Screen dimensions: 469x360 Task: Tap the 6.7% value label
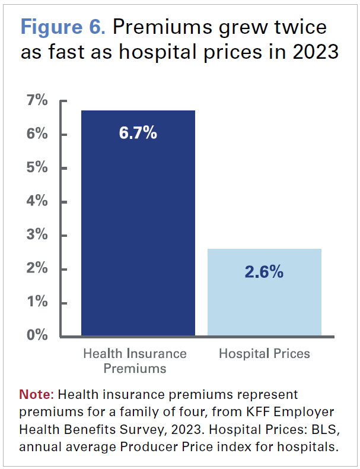138,133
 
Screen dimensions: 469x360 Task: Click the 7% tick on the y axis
37,100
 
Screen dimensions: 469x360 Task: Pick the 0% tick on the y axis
37,335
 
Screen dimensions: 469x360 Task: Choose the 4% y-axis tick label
37,201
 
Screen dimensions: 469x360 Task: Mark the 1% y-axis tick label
37,302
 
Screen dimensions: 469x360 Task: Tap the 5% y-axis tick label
37,167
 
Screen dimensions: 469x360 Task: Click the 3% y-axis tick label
37,235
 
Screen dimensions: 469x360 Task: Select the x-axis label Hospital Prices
265,354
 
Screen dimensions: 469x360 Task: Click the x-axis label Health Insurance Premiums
135,361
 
